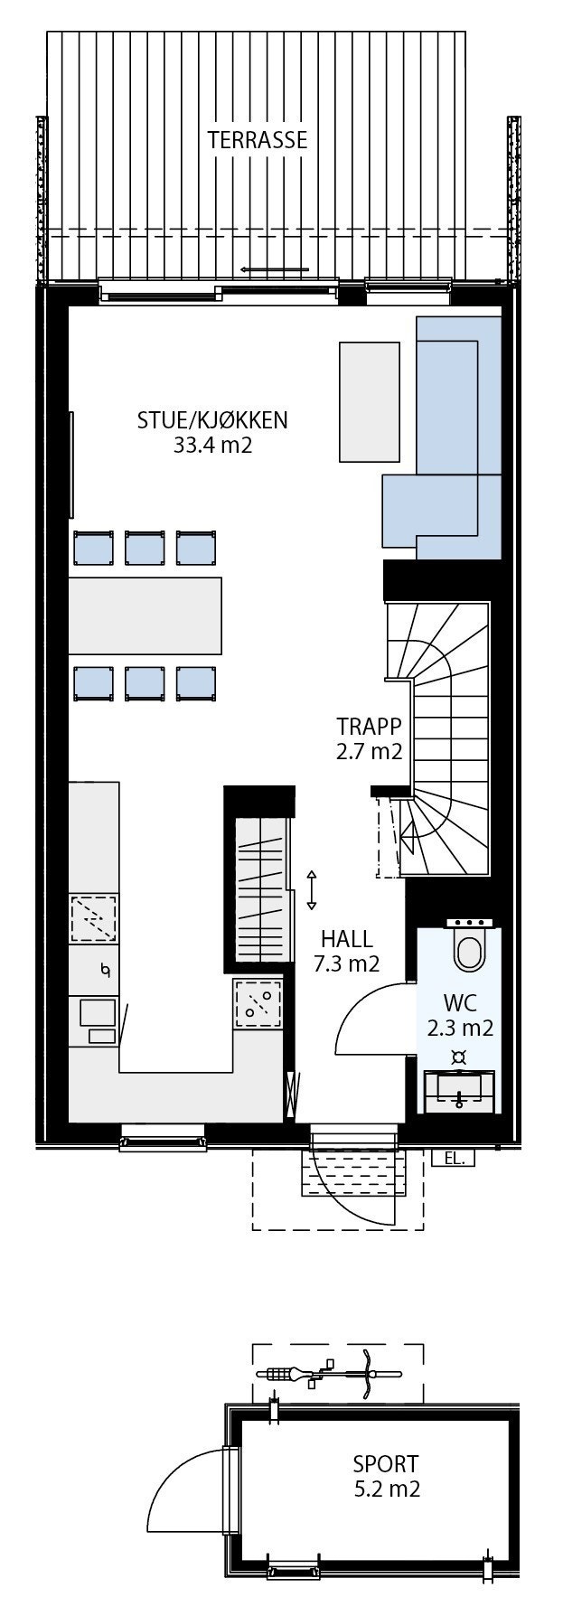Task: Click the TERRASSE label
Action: (x=257, y=140)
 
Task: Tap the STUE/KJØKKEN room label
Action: (x=212, y=420)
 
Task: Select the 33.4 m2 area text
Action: (x=212, y=445)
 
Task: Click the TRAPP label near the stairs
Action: (x=368, y=727)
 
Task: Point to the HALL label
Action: (x=346, y=939)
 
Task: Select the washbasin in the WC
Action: (x=459, y=1090)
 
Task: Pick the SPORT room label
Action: (x=386, y=1463)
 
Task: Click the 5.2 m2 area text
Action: (x=387, y=1489)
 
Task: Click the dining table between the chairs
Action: (x=145, y=615)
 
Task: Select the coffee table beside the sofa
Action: (x=369, y=401)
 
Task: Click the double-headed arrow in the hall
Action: (x=312, y=889)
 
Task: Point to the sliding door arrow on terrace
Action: (x=275, y=269)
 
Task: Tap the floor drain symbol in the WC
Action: (x=459, y=1057)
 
